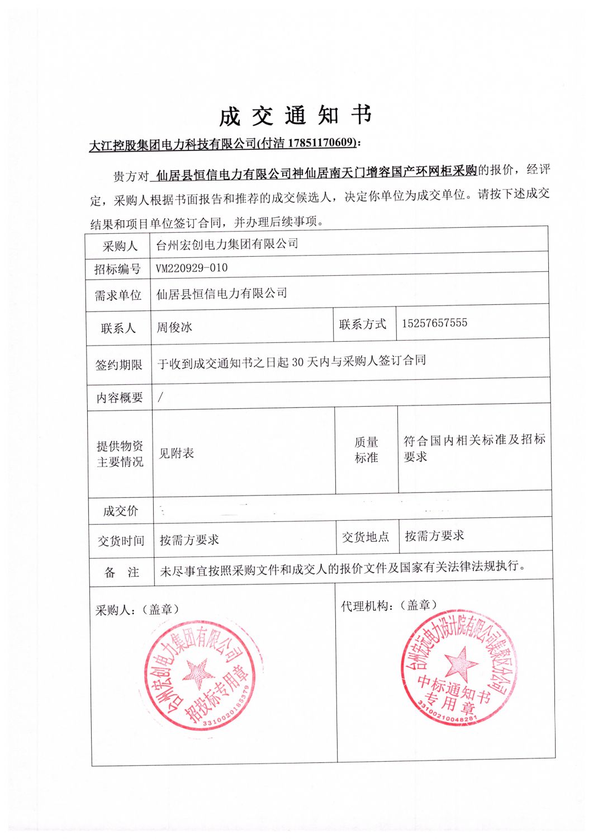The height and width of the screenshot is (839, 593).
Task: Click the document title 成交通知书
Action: point(295,115)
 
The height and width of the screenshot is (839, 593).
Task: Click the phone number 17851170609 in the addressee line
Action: point(322,143)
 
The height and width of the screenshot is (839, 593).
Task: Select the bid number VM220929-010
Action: point(192,268)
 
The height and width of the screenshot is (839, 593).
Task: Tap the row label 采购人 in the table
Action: point(120,246)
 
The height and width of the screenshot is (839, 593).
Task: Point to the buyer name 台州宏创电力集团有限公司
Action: point(227,244)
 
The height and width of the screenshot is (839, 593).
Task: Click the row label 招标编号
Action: point(117,269)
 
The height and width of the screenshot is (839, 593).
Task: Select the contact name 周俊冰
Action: point(174,327)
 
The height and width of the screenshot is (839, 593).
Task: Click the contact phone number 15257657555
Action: point(434,323)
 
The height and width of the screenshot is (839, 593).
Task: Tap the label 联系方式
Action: point(363,324)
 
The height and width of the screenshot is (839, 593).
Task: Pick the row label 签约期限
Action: point(118,365)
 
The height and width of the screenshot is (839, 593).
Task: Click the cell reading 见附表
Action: point(177,453)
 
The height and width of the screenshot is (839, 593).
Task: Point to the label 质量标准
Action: point(366,450)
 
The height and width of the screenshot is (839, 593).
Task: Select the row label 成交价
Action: point(120,511)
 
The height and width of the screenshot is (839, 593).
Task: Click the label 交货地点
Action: point(366,537)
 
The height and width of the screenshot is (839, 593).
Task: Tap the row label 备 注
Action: point(121,572)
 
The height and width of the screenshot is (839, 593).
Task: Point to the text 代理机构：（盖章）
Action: point(389,605)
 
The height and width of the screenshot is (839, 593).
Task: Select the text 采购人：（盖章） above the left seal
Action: point(137,610)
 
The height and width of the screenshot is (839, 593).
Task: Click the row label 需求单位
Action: point(118,295)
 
